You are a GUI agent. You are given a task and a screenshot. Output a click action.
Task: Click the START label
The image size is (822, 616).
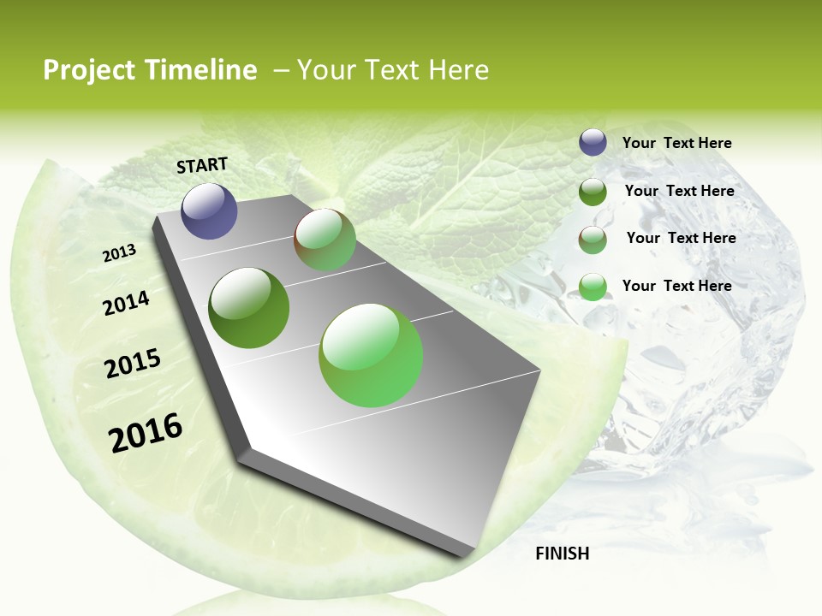coord(202,165)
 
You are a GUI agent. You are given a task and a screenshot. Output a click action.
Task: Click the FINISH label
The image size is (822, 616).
coord(562,554)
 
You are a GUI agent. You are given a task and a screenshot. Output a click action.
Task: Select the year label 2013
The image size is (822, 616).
coord(119,253)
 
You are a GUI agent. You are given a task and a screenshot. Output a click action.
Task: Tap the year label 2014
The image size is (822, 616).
coord(126,303)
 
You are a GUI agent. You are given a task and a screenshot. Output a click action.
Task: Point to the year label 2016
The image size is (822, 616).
coord(146,433)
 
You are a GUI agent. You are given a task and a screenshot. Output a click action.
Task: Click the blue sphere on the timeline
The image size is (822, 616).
coord(209,210)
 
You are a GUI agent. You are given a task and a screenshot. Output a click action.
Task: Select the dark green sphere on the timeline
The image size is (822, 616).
coord(248,308)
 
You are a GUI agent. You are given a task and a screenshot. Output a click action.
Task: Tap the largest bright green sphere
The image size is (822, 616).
coord(371,355)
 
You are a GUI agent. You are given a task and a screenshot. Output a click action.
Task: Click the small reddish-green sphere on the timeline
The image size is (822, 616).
coord(325,240)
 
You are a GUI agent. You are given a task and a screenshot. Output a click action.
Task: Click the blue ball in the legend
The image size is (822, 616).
coord(593,143)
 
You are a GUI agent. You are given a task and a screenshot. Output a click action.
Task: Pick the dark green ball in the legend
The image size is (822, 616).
coord(593,192)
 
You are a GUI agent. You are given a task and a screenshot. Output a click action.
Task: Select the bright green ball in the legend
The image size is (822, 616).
coord(593,287)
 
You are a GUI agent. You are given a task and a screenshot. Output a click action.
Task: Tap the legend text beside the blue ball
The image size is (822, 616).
coord(676,144)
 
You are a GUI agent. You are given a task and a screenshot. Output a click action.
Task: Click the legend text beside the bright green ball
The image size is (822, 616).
coord(676,286)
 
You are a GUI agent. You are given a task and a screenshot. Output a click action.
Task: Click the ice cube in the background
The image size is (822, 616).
coord(702,359)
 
